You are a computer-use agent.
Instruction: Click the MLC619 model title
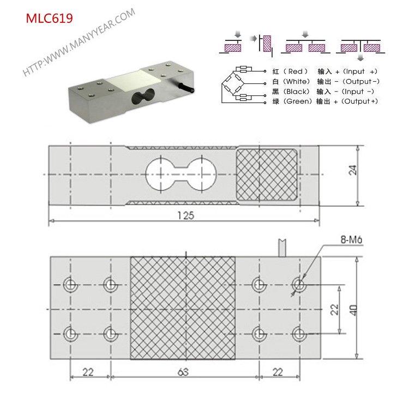coord(50,18)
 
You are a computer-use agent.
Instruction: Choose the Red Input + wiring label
coord(325,71)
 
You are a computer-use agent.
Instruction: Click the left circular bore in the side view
coord(161,175)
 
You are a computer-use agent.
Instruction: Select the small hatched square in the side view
coord(267,175)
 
